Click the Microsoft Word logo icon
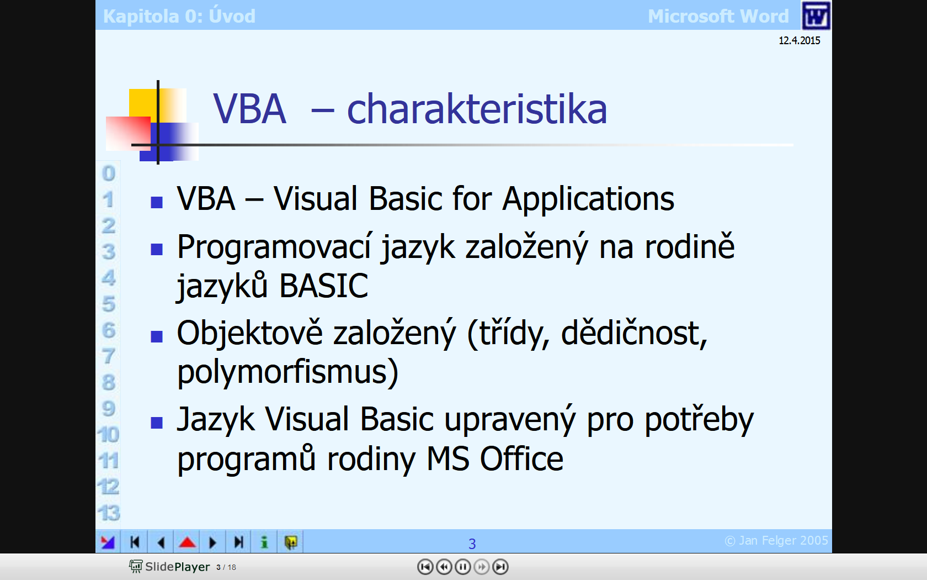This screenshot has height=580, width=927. pos(816,15)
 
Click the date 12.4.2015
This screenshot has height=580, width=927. pos(799,41)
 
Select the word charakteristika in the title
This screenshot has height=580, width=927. pos(477,109)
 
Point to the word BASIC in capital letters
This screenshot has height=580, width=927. pos(323,286)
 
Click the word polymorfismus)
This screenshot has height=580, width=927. pos(287,372)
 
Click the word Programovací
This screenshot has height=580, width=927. pos(274,247)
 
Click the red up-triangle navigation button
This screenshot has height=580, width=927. pos(187,542)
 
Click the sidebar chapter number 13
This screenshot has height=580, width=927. pos(109,513)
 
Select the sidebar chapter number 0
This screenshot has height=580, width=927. pos(108,173)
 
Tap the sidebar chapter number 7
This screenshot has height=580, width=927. pos(108,356)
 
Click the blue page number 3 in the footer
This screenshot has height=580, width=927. pos(472,544)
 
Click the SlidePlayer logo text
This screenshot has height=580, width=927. pos(178,567)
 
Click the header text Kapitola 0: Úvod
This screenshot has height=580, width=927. pos(179,16)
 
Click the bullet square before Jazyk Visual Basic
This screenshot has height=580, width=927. pos(157,423)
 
